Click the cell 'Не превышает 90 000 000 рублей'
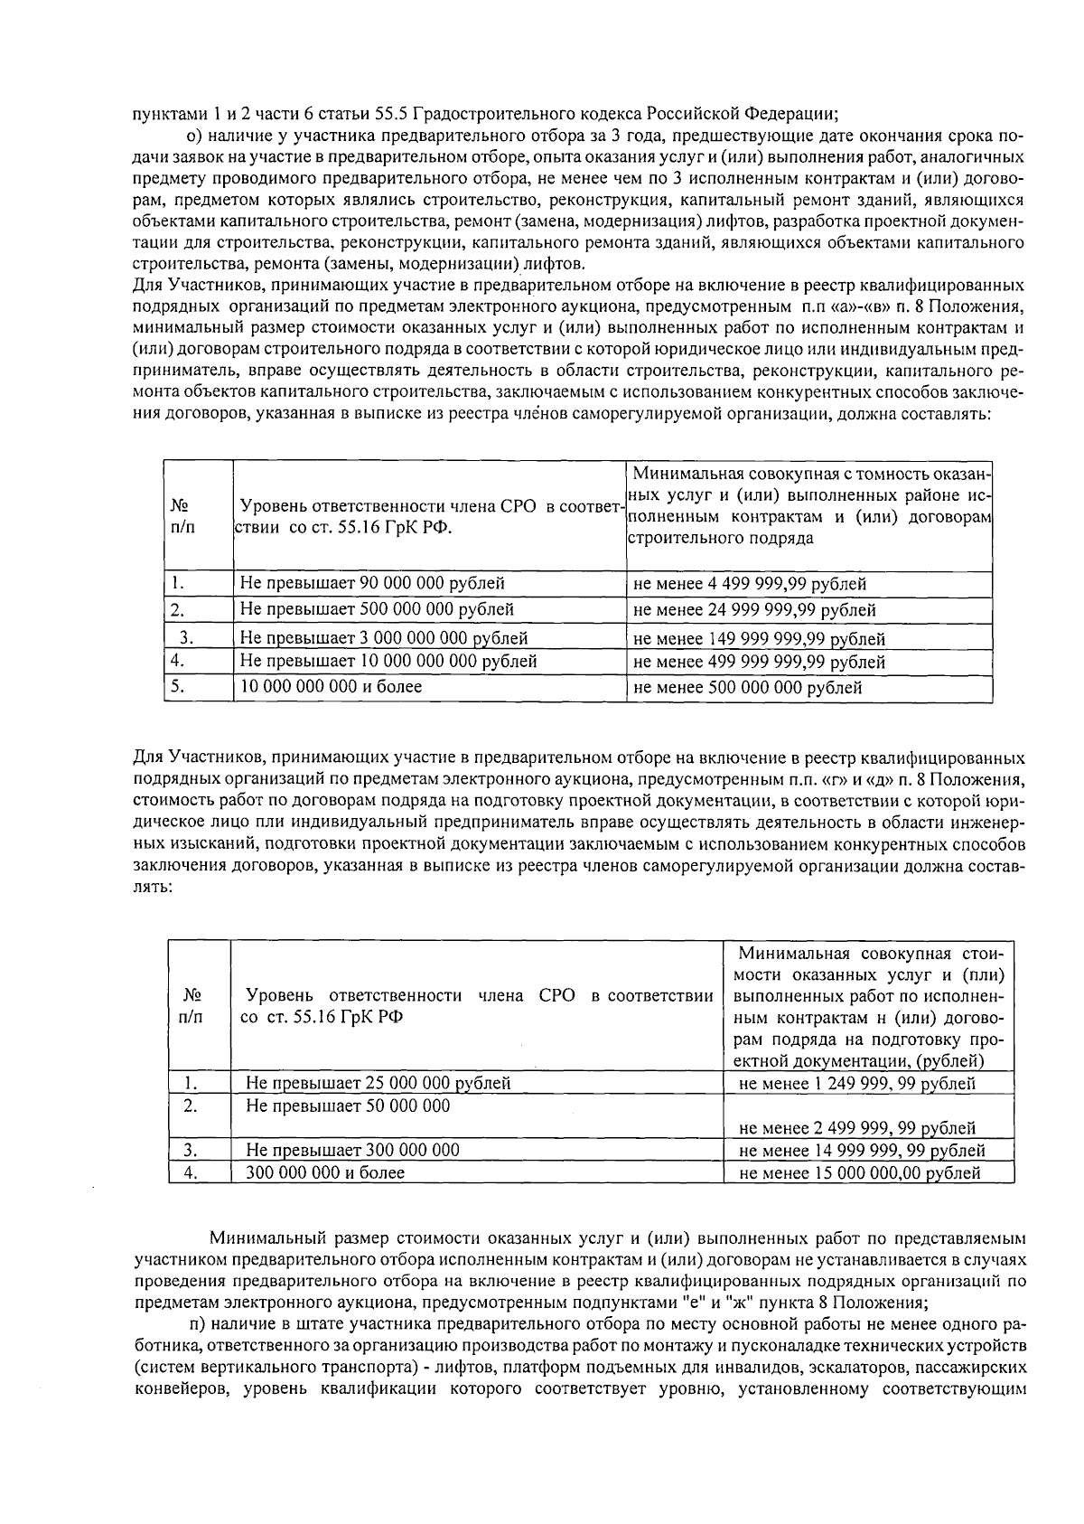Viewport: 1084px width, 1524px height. click(372, 583)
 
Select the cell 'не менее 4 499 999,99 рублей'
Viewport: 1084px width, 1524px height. click(750, 584)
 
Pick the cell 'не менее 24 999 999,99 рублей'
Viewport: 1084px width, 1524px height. click(754, 610)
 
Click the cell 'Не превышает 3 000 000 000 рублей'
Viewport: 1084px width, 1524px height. click(384, 638)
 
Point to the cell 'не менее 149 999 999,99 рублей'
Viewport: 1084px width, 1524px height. click(759, 639)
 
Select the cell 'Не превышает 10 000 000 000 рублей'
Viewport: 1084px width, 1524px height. click(388, 662)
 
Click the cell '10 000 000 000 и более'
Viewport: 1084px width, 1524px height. click(331, 687)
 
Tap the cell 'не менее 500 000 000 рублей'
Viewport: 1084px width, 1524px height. click(747, 688)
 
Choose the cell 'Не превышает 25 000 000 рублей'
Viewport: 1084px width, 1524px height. click(378, 1083)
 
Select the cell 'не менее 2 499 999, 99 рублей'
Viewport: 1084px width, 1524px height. click(856, 1127)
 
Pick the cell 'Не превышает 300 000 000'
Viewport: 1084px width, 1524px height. click(352, 1150)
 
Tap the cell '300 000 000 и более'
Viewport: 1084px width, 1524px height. click(325, 1172)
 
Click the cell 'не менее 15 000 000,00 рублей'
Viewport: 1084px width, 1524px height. click(859, 1173)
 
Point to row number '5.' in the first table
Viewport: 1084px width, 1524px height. click(178, 687)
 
